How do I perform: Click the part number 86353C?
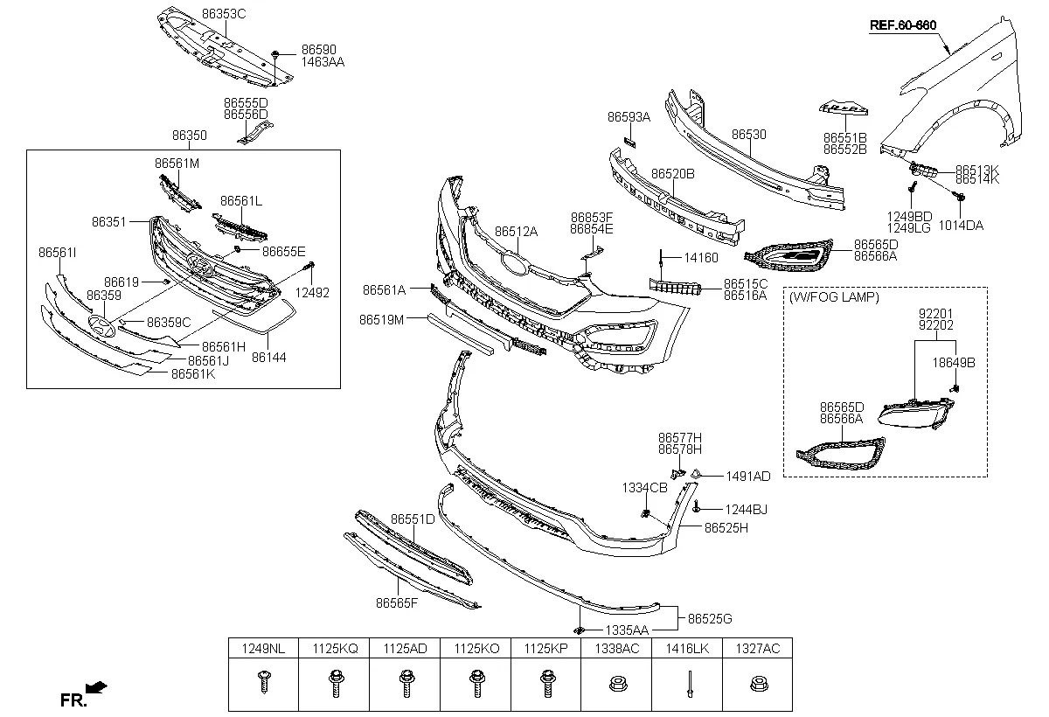pyautogui.click(x=224, y=15)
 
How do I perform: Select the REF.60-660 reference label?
pyautogui.click(x=903, y=25)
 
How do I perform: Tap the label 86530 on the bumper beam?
pyautogui.click(x=748, y=135)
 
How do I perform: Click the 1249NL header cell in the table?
pyautogui.click(x=263, y=648)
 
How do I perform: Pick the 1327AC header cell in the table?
pyautogui.click(x=757, y=648)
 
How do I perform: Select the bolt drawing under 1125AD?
pyautogui.click(x=405, y=683)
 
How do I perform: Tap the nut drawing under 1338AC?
pyautogui.click(x=615, y=683)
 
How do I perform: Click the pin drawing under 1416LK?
pyautogui.click(x=687, y=683)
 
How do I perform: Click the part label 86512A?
pyautogui.click(x=516, y=232)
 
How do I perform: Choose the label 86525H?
pyautogui.click(x=726, y=528)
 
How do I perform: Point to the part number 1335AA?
pyautogui.click(x=629, y=630)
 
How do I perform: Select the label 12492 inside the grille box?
pyautogui.click(x=312, y=293)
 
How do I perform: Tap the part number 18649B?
pyautogui.click(x=953, y=361)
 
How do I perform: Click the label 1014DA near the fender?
pyautogui.click(x=962, y=225)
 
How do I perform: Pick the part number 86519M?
pyautogui.click(x=381, y=320)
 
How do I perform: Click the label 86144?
pyautogui.click(x=269, y=358)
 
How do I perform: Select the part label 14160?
pyautogui.click(x=700, y=258)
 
